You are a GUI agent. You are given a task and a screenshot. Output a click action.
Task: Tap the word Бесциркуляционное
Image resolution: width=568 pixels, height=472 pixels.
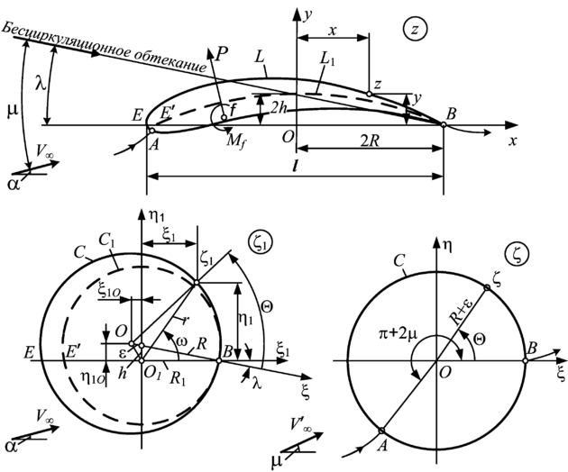[55, 35]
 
